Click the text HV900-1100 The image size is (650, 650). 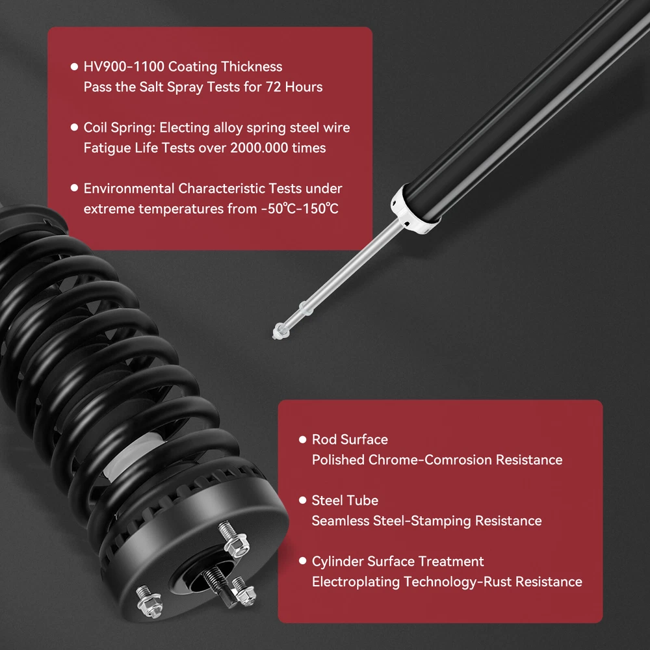pos(124,67)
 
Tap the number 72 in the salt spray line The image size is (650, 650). pos(273,87)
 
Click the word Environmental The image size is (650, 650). pos(129,188)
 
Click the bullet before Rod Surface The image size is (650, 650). pos(303,439)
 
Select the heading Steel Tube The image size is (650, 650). pos(345,500)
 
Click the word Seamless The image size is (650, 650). pos(341,521)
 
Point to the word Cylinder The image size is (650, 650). pos(337,562)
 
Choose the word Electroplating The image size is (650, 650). pos(356,582)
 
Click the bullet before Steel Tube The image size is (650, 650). pos(303,500)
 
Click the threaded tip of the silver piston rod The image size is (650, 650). pos(281,331)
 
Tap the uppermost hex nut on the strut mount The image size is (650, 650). pos(235,539)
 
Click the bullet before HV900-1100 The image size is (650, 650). pos(75,67)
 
